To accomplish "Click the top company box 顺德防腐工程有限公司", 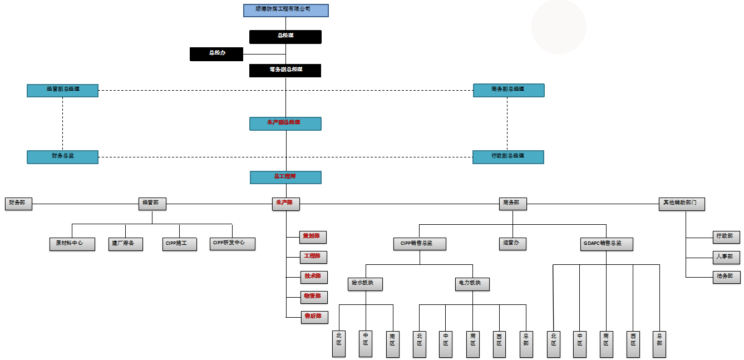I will pos(285,10).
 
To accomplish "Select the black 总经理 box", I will pos(285,36).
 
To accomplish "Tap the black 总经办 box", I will pos(216,53).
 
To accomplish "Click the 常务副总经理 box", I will pos(285,70).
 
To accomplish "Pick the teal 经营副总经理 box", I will pos(62,90).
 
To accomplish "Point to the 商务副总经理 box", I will pos(509,90).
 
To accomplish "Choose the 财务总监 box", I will pos(62,157).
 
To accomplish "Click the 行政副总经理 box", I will pos(508,157).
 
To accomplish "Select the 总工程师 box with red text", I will pos(285,177).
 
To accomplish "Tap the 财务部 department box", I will pos(18,204).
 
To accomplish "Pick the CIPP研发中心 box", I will pos(233,243).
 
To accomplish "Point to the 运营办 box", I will pos(513,244).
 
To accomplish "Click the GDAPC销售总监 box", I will pos(607,244).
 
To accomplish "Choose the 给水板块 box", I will pos(366,284).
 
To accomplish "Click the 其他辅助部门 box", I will pos(681,204).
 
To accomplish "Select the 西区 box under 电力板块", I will pos(499,344).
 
